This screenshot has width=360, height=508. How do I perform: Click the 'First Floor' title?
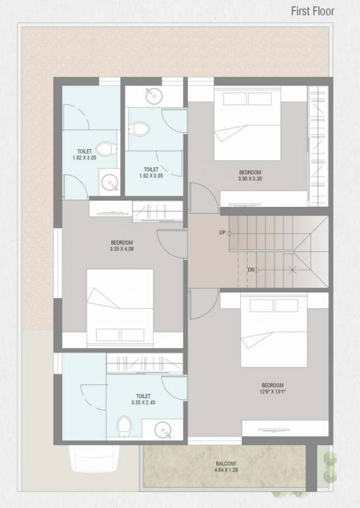click(x=314, y=11)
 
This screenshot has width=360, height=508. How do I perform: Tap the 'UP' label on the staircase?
click(x=222, y=233)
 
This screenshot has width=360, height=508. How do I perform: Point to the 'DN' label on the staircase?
click(x=232, y=270)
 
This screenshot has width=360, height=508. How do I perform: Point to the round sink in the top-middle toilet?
click(x=153, y=95)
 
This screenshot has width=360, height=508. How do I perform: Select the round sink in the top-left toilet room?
click(x=109, y=181)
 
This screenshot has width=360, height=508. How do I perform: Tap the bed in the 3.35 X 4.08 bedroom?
click(x=120, y=302)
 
